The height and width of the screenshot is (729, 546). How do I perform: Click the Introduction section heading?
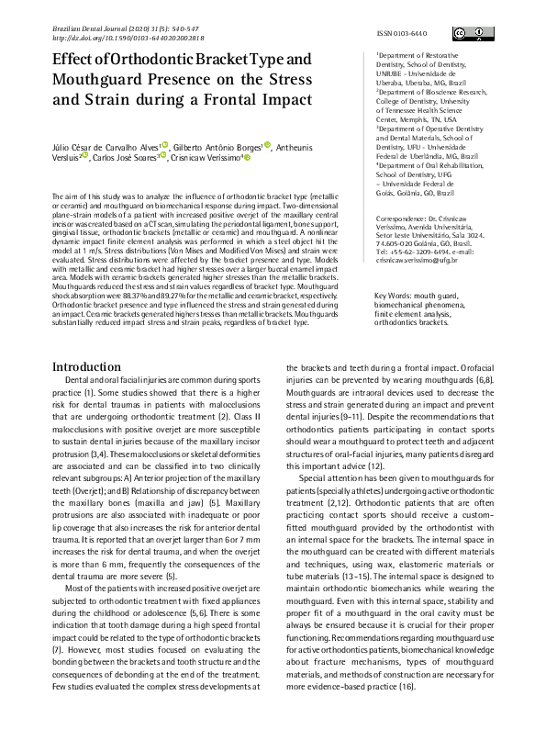pos(92,340)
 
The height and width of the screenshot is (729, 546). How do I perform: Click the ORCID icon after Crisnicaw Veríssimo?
pos(248,157)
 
